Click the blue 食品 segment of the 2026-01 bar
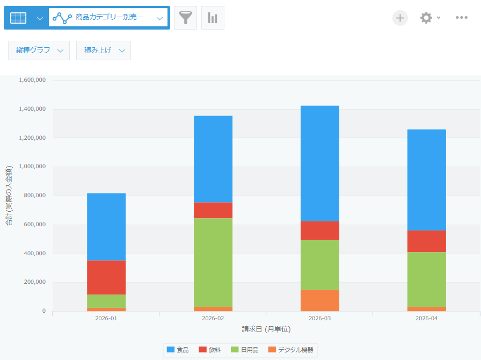(x=106, y=227)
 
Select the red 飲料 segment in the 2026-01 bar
(x=106, y=277)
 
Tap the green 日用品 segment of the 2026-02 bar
(x=213, y=263)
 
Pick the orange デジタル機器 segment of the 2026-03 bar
(x=319, y=300)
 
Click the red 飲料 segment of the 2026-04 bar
(x=426, y=241)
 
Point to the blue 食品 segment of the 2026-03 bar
(x=319, y=163)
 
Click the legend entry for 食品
(x=178, y=350)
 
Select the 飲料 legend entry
(x=210, y=350)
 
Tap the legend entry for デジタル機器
(x=290, y=350)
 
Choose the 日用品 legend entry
(x=244, y=350)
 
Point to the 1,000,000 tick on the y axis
(x=32, y=167)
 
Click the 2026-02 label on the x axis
(x=213, y=318)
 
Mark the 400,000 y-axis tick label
(x=35, y=254)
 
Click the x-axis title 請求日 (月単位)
(x=266, y=329)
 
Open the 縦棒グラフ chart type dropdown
(x=39, y=51)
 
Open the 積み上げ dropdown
(x=104, y=51)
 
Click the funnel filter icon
(x=185, y=18)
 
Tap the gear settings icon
(x=426, y=18)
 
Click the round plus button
(x=400, y=18)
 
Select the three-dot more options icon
(x=461, y=18)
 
